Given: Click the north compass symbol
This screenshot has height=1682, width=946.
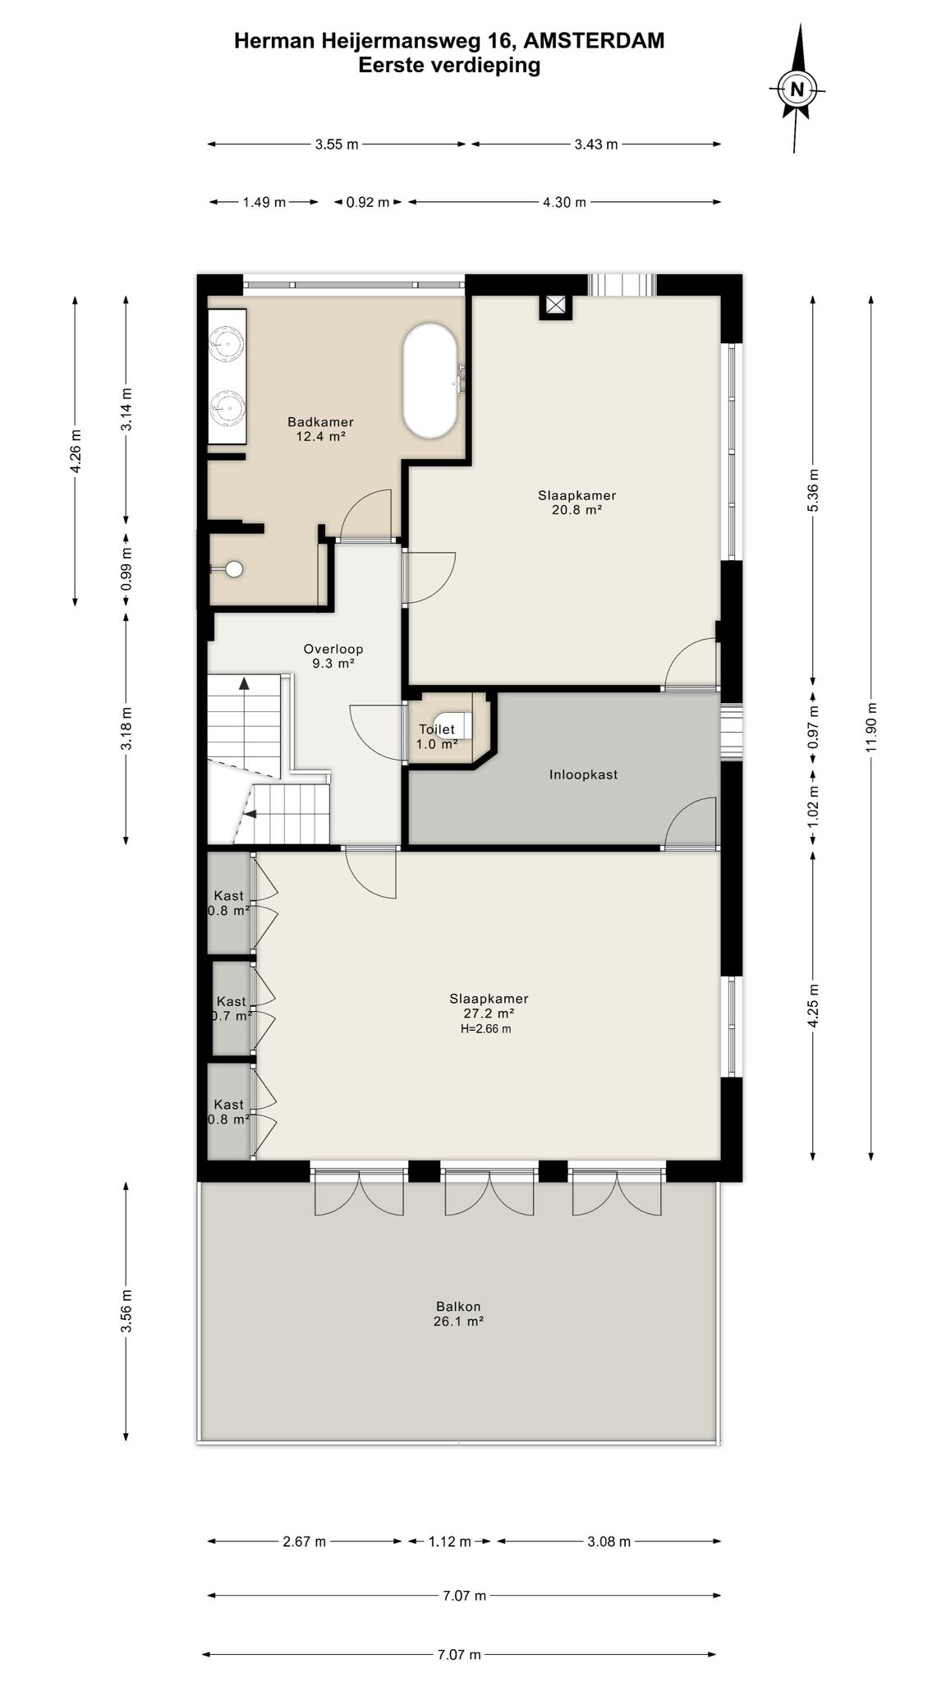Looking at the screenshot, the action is click(797, 89).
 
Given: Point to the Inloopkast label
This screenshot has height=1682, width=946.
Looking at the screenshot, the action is click(583, 774).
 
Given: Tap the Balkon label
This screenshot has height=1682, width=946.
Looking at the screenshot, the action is click(458, 1307).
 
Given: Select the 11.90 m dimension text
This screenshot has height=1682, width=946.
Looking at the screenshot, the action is click(871, 727).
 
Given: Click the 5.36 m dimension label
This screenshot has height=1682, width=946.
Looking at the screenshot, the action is click(813, 490).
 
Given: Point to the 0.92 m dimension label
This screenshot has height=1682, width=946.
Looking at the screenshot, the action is click(367, 202).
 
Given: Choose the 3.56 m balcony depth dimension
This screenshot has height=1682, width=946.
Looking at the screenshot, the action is click(126, 1312).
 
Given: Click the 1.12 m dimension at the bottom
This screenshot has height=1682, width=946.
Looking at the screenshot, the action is click(450, 1542).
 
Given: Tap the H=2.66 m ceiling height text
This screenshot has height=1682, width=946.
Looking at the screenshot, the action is click(486, 1029).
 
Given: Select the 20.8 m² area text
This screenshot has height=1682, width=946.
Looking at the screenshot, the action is click(577, 510).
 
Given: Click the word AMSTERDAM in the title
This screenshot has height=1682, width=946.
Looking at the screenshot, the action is click(594, 40).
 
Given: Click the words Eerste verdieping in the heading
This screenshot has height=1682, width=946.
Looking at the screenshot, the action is click(449, 65).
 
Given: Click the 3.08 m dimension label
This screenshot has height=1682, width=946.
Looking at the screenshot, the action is click(608, 1542).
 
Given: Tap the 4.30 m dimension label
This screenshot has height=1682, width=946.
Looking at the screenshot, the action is click(564, 202).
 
